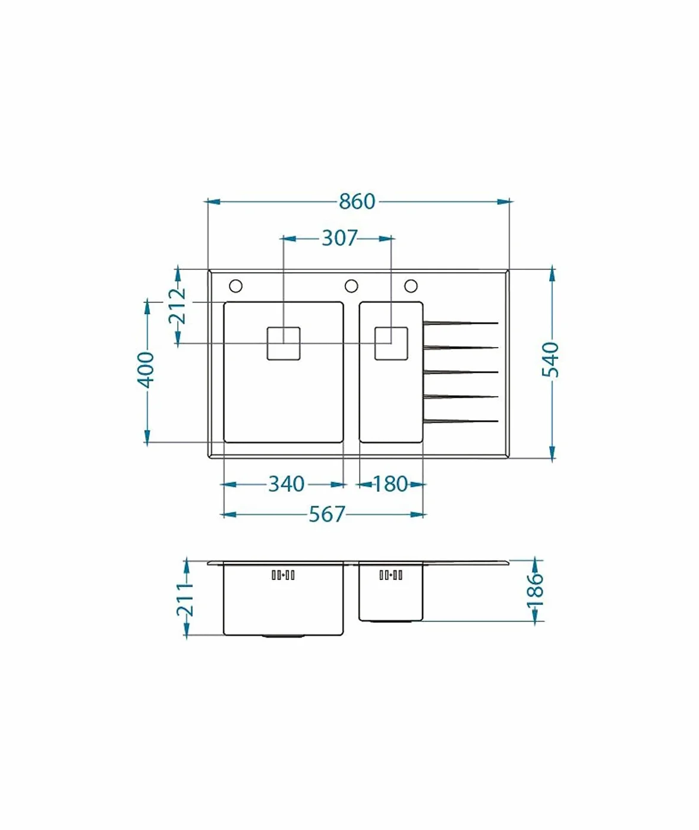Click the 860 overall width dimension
pyautogui.click(x=357, y=201)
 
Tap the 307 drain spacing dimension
pyautogui.click(x=339, y=238)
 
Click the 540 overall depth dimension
pyautogui.click(x=550, y=360)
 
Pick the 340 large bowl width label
pyautogui.click(x=286, y=484)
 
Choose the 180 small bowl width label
pyautogui.click(x=390, y=484)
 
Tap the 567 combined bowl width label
pyautogui.click(x=327, y=515)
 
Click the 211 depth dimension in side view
pyautogui.click(x=185, y=599)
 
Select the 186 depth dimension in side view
pyautogui.click(x=535, y=591)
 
